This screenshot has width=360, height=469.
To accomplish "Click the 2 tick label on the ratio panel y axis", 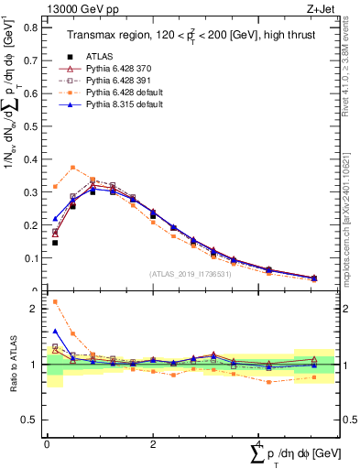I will click(33, 309).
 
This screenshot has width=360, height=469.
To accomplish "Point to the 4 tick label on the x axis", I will click(257, 444).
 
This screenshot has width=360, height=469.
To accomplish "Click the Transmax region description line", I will click(184, 35).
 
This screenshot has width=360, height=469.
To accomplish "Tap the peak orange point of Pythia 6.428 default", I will click(72, 168).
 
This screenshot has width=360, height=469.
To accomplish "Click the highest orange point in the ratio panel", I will click(55, 301).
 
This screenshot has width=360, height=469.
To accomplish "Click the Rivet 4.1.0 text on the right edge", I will click(350, 69).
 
